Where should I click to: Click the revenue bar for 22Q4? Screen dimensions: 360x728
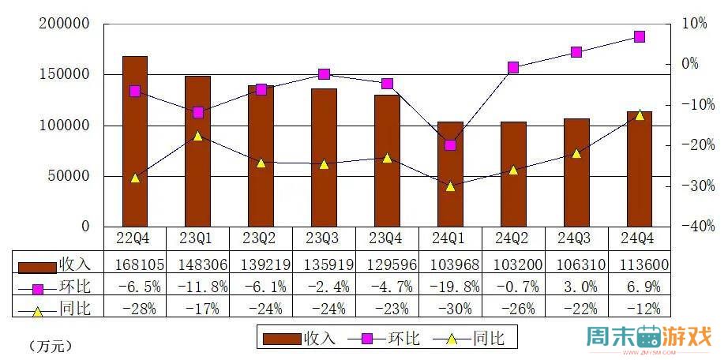[x=134, y=142]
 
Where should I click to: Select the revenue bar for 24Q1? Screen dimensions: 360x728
[x=450, y=174]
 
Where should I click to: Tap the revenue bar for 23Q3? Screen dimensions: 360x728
[x=324, y=158]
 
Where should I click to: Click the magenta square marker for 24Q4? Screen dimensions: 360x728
[x=640, y=37]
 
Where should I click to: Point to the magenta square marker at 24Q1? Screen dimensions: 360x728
[x=450, y=145]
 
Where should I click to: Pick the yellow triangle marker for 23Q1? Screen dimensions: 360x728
[x=197, y=136]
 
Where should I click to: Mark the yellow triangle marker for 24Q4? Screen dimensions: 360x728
[x=640, y=115]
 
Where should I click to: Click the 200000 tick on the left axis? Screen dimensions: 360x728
[x=65, y=24]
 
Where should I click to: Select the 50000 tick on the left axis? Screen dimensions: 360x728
[x=69, y=176]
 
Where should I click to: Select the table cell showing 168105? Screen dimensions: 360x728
[x=134, y=264]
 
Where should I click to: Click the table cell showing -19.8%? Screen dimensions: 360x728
[x=450, y=286]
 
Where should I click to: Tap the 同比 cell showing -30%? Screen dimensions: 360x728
[x=450, y=308]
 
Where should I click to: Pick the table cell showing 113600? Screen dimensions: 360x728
[x=640, y=264]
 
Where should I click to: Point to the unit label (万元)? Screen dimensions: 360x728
[x=49, y=345]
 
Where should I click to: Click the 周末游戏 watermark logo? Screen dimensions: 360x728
[x=649, y=338]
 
